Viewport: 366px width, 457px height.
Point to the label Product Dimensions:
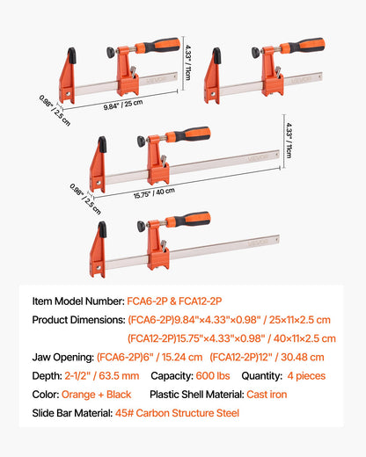coord(77,319)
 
